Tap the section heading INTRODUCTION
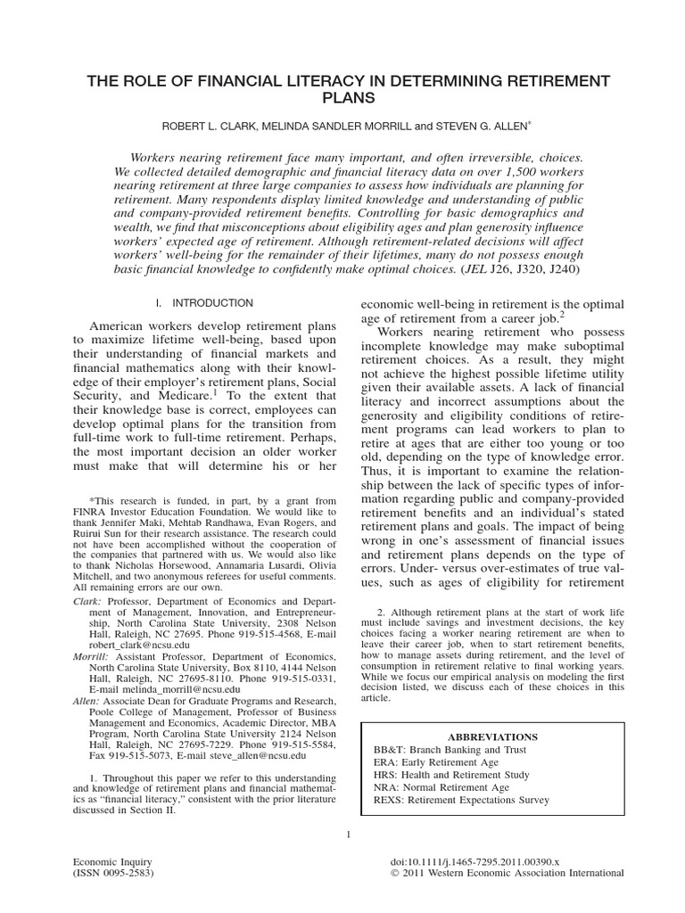pos(214,303)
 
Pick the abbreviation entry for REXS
pos(461,801)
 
